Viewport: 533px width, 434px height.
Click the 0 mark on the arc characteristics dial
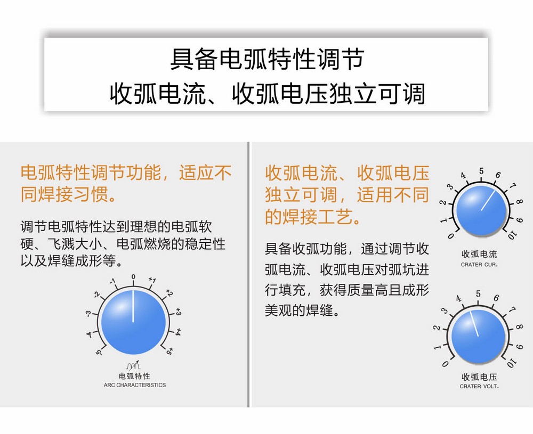tap(133, 277)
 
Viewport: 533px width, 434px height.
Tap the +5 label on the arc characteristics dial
tap(169, 351)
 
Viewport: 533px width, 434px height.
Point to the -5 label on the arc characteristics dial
tap(99, 353)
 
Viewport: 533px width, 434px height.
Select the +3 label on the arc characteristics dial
tap(178, 312)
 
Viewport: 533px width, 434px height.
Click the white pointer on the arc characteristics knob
tap(133, 306)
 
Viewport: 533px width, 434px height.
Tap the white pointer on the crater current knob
tap(488, 200)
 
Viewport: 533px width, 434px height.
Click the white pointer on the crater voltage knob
tap(474, 324)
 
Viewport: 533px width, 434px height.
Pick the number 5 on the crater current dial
tap(481, 171)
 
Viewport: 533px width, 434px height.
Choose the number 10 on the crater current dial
tap(512, 235)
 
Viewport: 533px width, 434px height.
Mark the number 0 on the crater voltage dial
tap(445, 364)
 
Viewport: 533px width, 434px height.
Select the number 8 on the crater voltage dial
tap(519, 327)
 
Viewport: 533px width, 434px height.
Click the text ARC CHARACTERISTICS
tap(135, 385)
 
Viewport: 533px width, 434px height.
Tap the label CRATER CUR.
tap(479, 265)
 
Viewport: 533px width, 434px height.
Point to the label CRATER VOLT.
tap(479, 387)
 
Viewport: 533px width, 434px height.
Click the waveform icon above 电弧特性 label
tap(133, 365)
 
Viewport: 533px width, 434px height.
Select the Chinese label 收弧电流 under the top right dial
tap(479, 254)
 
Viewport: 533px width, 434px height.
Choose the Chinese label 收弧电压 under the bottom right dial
tap(479, 377)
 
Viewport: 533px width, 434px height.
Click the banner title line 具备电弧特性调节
tap(267, 59)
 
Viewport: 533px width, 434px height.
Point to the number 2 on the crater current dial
tap(442, 203)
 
